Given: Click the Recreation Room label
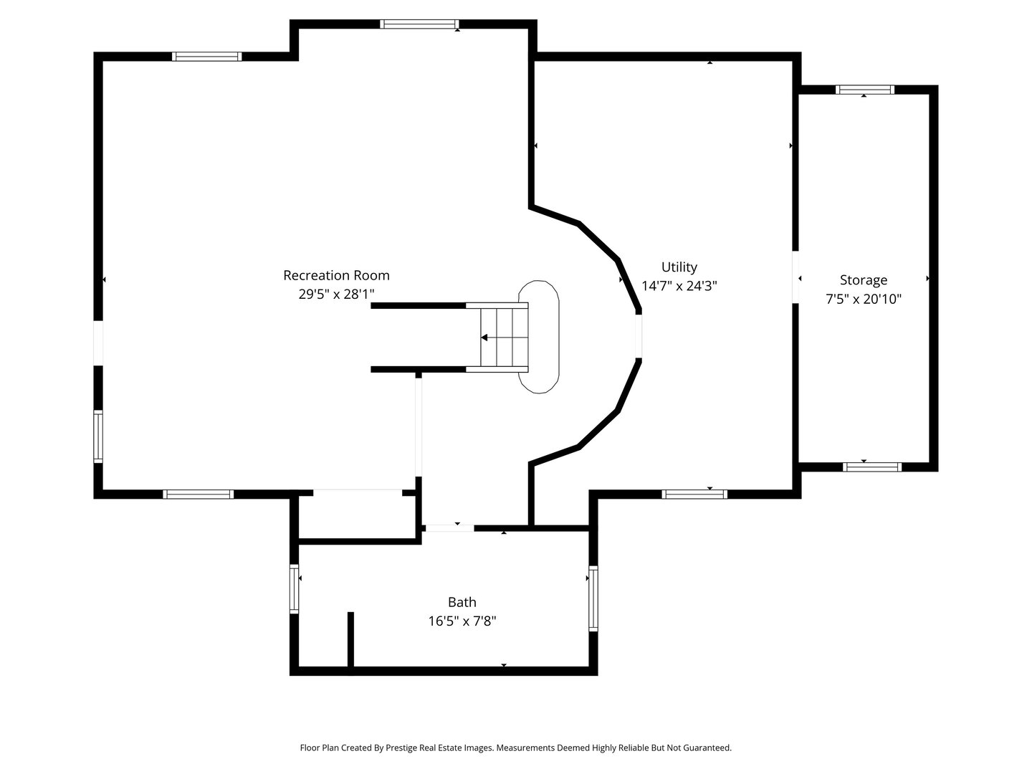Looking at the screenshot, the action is tap(336, 275).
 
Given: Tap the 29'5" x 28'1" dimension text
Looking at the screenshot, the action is tap(336, 294).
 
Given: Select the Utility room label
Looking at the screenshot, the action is tap(679, 267).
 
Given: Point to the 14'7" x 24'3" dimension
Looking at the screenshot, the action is tap(679, 286).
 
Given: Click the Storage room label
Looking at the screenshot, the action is tap(863, 280).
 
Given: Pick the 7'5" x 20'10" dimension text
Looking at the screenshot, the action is tap(863, 299).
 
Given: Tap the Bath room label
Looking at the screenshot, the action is tap(462, 602).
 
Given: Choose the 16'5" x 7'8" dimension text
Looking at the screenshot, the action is tap(462, 621).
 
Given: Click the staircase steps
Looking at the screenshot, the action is tap(504, 338).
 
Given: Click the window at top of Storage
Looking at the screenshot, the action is tap(864, 90).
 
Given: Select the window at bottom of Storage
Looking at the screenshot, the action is tap(871, 467).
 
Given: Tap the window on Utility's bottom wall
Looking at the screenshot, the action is tap(694, 494).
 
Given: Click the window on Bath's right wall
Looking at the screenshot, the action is tap(593, 598).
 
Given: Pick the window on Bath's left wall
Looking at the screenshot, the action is tap(295, 588).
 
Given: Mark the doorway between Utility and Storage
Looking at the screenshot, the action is tap(795, 277).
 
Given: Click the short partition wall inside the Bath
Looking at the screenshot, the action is tap(350, 639).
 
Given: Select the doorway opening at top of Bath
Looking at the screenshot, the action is tap(449, 528).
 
